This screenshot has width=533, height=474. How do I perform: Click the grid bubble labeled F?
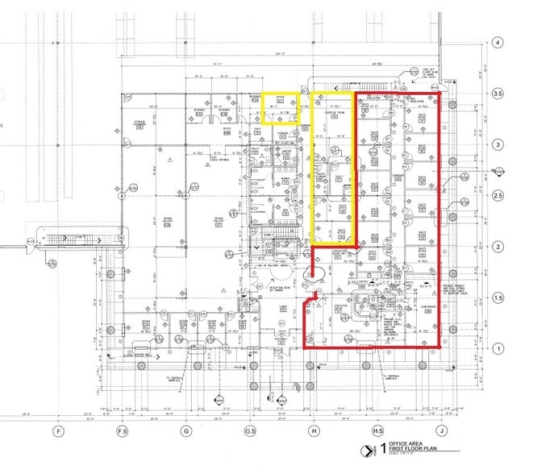point(58,430)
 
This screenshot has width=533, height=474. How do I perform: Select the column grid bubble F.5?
point(123,430)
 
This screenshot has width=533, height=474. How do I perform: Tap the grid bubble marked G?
point(186,430)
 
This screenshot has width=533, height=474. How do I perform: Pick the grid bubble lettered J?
point(442,430)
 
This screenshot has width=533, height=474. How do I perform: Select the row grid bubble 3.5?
point(498,94)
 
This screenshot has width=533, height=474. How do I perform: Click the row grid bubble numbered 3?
point(498,144)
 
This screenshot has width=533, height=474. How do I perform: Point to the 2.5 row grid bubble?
point(498,196)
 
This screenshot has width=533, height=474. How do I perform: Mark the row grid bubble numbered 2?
point(498,247)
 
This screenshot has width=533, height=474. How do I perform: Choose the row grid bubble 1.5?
point(498,298)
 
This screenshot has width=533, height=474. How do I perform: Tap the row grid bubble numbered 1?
point(498,349)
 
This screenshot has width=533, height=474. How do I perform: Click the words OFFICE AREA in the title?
point(406,443)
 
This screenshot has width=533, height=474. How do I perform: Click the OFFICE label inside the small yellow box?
point(281,96)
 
